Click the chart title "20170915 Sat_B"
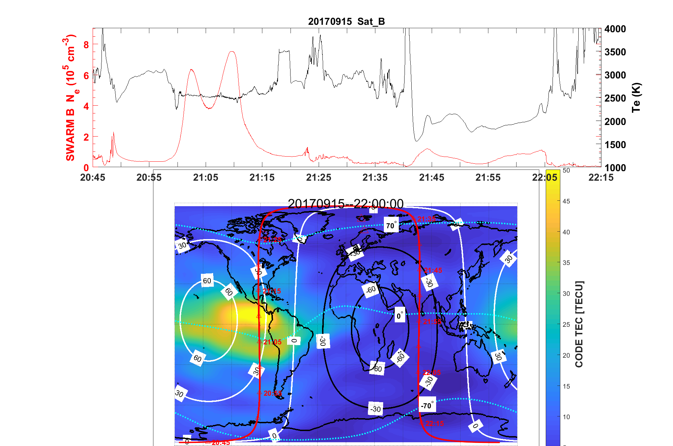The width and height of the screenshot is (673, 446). (x=346, y=21)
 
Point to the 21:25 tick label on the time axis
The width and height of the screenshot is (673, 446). (x=318, y=177)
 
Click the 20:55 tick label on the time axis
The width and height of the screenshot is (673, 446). (x=149, y=177)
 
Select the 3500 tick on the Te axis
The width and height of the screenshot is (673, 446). (x=615, y=52)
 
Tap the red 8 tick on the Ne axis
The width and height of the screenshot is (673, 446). (x=86, y=44)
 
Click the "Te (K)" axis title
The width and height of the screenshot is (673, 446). (x=636, y=97)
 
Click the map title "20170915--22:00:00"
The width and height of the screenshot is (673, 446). (x=345, y=203)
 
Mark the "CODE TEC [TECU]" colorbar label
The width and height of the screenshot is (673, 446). (x=579, y=324)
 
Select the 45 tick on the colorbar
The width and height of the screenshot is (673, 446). (x=566, y=201)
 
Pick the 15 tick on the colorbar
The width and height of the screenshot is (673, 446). (x=566, y=386)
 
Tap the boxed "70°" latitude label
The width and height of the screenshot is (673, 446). (x=391, y=225)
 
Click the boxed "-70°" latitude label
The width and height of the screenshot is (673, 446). (x=427, y=405)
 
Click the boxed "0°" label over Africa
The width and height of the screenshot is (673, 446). (x=400, y=316)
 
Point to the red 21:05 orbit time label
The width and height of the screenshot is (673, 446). (x=272, y=342)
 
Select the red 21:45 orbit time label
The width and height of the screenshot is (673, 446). (x=433, y=270)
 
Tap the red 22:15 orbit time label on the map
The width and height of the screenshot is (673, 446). (x=434, y=424)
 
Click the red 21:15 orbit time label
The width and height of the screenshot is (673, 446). (x=272, y=291)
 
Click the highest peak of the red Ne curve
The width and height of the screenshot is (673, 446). (x=232, y=52)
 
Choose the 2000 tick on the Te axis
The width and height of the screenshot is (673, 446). (x=615, y=122)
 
